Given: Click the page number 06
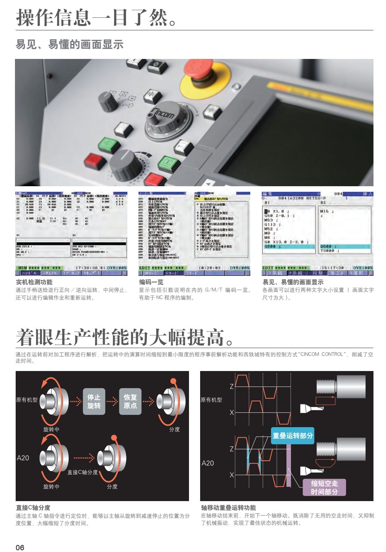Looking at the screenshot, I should (20, 547).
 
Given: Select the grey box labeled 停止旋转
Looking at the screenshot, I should (94, 401).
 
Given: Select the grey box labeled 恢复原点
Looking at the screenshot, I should (130, 401).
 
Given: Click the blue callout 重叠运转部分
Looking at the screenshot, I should (292, 435).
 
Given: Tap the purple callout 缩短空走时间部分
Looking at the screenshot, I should (324, 487).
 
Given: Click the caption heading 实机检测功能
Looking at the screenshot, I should (34, 282).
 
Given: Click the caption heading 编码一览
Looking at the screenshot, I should (151, 282).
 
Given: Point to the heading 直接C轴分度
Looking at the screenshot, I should (33, 507).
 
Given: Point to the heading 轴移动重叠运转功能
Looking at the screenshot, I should (228, 507).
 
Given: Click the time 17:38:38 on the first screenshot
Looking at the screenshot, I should (86, 268).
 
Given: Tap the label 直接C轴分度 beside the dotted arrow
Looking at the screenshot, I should (82, 472).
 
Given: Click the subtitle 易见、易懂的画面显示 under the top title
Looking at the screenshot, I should (70, 45).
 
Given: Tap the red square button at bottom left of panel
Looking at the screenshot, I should (95, 161).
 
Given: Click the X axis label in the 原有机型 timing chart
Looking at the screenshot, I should (232, 413).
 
